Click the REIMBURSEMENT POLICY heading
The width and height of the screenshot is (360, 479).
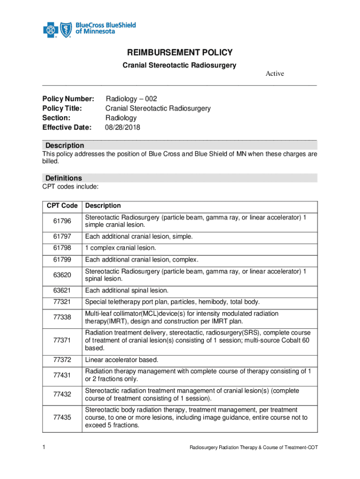[x=180, y=53]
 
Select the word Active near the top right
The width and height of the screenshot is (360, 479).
[x=275, y=73]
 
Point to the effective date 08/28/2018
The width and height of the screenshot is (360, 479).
[x=123, y=127]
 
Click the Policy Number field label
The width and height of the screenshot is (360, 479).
[x=68, y=99]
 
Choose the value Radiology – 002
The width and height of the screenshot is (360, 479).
[x=131, y=99]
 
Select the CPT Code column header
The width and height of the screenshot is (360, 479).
[x=62, y=206]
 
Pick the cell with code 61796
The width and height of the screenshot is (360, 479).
[x=62, y=221]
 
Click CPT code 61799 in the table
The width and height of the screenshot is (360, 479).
[x=62, y=260]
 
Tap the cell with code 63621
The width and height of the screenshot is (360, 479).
[x=62, y=290]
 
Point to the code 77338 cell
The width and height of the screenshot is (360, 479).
[x=62, y=317]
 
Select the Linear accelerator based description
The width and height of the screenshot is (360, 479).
[x=122, y=360]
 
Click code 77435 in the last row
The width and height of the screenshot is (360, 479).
[x=62, y=418]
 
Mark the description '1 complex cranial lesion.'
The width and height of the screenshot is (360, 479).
[x=120, y=248]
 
